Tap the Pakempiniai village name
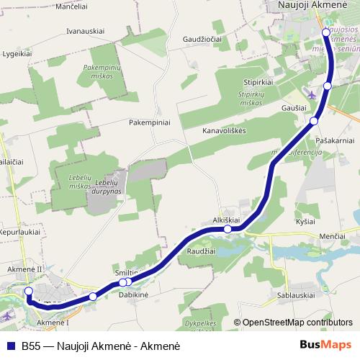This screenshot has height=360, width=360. [x=150, y=123]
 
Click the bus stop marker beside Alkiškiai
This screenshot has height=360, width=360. [x=228, y=229]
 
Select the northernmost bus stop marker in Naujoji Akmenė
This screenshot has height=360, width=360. [x=326, y=32]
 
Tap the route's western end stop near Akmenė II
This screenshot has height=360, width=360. [x=29, y=291]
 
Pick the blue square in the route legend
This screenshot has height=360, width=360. [x=11, y=346]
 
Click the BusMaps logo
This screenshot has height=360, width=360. [x=325, y=345]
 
